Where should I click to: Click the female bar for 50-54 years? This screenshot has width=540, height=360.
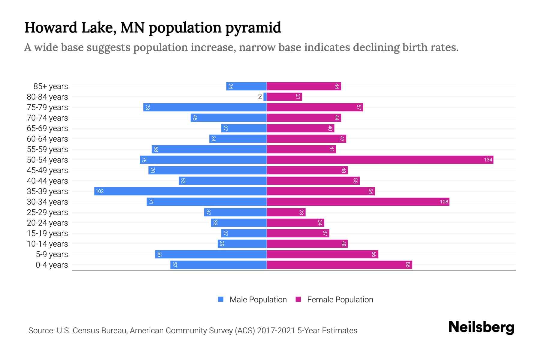pos(380,160)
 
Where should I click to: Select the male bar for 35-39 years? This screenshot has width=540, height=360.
pos(180,191)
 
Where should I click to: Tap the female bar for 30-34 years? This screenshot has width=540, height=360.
pos(358,202)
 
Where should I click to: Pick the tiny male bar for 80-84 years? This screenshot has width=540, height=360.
pos(265,97)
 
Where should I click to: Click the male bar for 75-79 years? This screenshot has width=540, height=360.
pos(205,107)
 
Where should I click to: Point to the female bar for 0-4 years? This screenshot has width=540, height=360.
pos(339,265)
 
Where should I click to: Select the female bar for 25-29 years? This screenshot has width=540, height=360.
pos(286,212)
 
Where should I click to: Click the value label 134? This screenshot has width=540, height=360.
pos(488,160)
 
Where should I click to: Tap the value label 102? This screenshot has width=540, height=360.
pos(100,191)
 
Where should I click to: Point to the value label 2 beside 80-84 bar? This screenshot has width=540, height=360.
pos(260,97)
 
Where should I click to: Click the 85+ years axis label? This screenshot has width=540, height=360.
pos(51,86)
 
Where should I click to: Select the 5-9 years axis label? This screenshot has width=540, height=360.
pos(52,254)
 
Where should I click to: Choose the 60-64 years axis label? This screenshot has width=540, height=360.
pos(47,139)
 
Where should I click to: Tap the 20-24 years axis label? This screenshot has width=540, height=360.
pos(47,223)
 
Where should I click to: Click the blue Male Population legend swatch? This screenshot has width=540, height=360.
pos(221,299)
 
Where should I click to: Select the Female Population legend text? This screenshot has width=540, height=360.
pos(340,299)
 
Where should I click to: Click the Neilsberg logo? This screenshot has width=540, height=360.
pos(481,327)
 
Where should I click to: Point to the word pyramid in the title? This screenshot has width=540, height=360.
pos(253,28)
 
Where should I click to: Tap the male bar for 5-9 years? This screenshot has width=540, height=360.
pos(211,254)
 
